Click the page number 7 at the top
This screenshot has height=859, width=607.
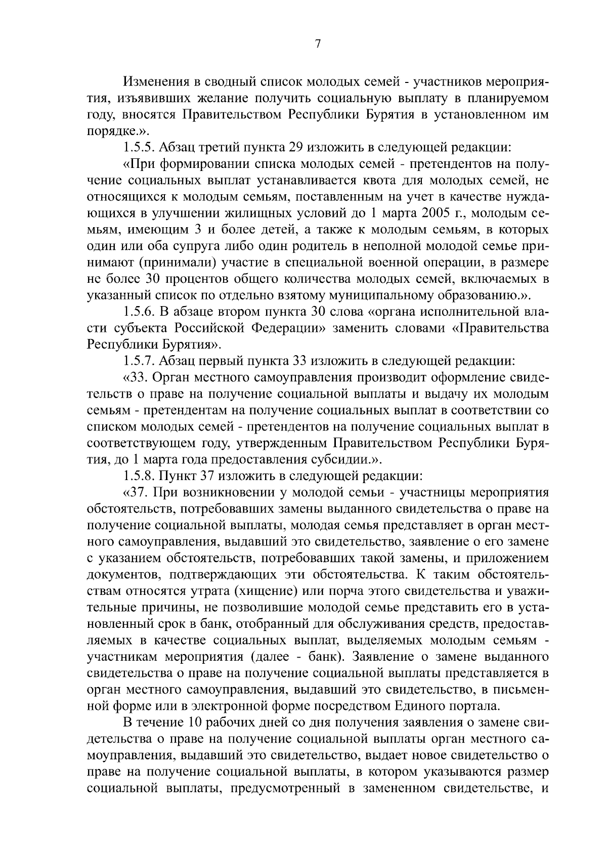(x=318, y=44)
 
